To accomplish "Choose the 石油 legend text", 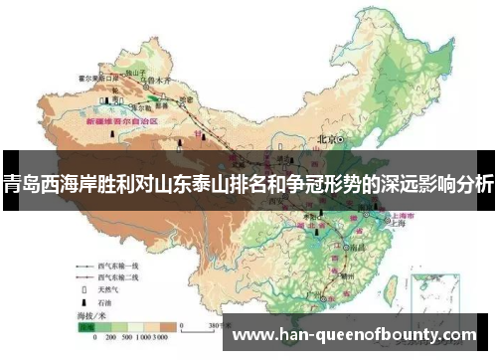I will tap(106, 299).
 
